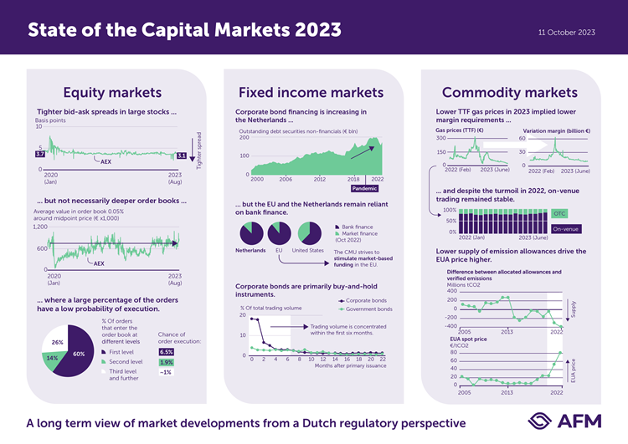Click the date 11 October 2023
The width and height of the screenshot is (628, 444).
click(x=567, y=32)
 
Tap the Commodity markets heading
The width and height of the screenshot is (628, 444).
click(x=510, y=92)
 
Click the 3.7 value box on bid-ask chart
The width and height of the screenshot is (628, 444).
click(x=40, y=155)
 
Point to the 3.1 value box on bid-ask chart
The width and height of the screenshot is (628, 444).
click(x=181, y=156)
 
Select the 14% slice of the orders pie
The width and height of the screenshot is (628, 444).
click(x=51, y=358)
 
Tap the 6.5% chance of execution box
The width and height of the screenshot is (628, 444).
click(x=166, y=352)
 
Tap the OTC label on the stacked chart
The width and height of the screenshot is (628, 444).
click(x=560, y=214)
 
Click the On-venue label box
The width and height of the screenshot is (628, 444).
click(x=566, y=228)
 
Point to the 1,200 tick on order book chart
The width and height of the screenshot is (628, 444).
click(x=40, y=227)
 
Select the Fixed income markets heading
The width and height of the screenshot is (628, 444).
click(x=311, y=92)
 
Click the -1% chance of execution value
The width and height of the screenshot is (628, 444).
click(x=165, y=373)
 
